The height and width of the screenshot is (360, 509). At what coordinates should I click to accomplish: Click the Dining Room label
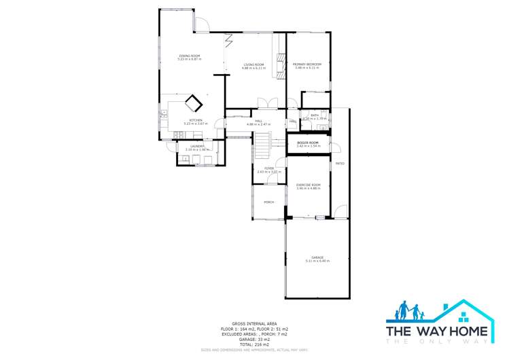189,57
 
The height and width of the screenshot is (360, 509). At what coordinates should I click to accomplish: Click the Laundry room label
197,147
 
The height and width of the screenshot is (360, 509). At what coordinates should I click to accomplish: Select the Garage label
317,259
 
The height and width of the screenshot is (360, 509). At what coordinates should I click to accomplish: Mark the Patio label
339,164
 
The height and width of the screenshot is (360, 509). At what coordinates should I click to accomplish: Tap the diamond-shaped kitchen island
194,103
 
